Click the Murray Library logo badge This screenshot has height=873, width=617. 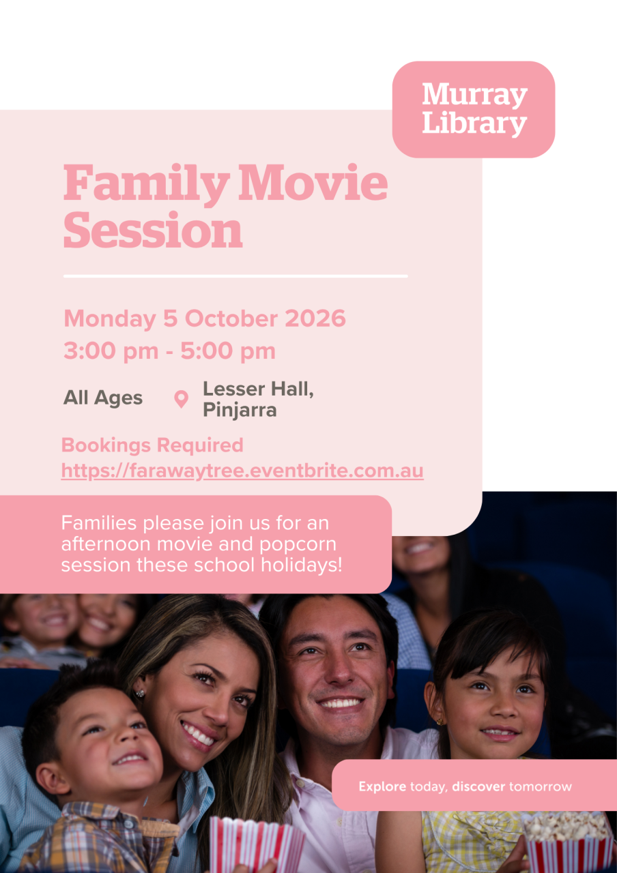pyautogui.click(x=474, y=110)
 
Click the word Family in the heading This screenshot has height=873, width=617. pyautogui.click(x=147, y=184)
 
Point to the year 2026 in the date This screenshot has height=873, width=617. pyautogui.click(x=315, y=319)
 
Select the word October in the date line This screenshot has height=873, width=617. pyautogui.click(x=231, y=319)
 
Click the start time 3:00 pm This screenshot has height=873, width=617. pyautogui.click(x=111, y=351)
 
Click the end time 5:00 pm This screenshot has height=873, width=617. pyautogui.click(x=228, y=351)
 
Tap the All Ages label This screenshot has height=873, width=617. pyautogui.click(x=103, y=398)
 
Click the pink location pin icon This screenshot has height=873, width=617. pyautogui.click(x=181, y=400)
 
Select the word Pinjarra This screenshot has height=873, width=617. pyautogui.click(x=240, y=410)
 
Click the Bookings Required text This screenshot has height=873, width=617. pyautogui.click(x=152, y=445)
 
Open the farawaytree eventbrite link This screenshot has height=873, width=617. pyautogui.click(x=242, y=471)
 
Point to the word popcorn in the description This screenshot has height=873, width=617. pyautogui.click(x=298, y=545)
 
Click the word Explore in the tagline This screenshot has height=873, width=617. pyautogui.click(x=382, y=786)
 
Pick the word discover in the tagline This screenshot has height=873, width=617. pyautogui.click(x=478, y=786)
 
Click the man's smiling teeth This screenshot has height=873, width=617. pyautogui.click(x=341, y=703)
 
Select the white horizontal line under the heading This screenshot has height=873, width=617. pyautogui.click(x=235, y=276)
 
